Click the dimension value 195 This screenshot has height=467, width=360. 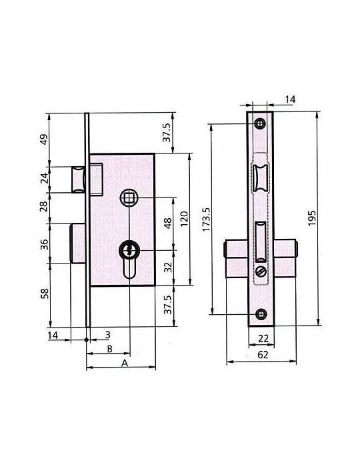(x=311, y=218)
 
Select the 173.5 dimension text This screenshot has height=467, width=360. (x=206, y=219)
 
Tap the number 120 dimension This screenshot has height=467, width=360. (x=185, y=219)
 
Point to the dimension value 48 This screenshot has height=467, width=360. (x=168, y=223)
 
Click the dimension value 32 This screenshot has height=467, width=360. (x=169, y=267)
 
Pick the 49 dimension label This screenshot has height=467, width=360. (x=44, y=139)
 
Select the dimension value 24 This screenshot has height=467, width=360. (x=44, y=178)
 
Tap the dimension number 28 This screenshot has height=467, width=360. (x=44, y=206)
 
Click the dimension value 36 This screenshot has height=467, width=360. (x=44, y=245)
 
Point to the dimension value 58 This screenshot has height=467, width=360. (x=44, y=294)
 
